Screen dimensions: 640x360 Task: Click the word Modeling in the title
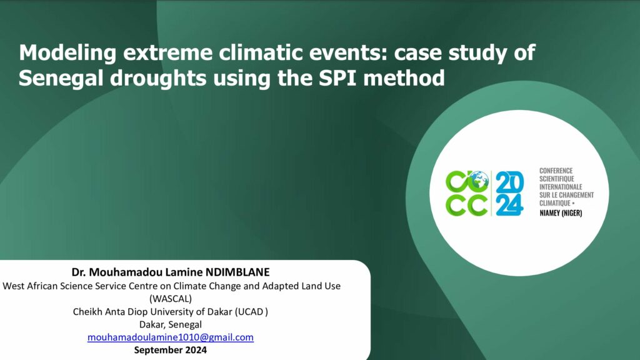(67, 54)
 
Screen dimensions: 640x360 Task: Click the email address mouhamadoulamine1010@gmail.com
(171, 337)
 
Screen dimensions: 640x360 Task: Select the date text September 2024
(171, 350)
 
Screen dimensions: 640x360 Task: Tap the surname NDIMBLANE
(237, 272)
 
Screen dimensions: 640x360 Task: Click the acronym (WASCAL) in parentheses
(171, 299)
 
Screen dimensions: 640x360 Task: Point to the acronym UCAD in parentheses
(251, 311)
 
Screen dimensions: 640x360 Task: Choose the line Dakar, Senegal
(171, 324)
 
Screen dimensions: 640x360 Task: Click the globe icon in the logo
(479, 179)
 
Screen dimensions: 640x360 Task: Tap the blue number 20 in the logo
(510, 182)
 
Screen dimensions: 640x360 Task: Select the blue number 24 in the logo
(510, 205)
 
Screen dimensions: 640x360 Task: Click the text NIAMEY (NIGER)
(561, 212)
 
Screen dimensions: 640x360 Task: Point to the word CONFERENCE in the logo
(556, 171)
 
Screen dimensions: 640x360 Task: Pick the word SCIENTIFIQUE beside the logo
(557, 179)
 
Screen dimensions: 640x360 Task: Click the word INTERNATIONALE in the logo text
(561, 187)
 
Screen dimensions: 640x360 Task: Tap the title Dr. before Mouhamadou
(79, 272)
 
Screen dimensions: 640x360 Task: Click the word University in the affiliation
(172, 312)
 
